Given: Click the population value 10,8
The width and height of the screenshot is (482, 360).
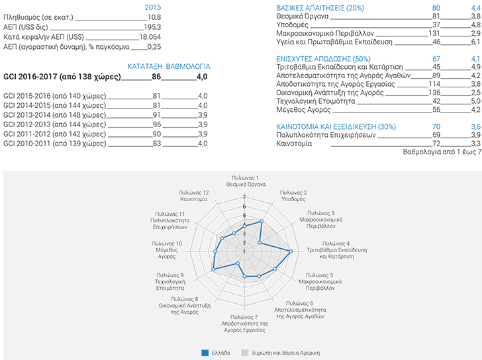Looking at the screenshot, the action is point(154,17).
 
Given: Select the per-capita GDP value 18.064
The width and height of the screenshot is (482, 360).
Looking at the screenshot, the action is point(150,37).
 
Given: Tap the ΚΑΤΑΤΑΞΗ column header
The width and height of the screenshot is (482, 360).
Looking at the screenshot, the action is point(145,66).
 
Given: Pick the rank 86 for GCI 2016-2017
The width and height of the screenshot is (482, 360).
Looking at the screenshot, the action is point(156,77).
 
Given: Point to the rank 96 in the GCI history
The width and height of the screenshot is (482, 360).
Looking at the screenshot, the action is point(157,124).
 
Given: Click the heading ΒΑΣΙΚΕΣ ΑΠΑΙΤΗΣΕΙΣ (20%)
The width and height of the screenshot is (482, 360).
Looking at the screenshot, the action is point(320,8).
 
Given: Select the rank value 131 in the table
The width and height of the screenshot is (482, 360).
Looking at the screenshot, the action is point(434,33).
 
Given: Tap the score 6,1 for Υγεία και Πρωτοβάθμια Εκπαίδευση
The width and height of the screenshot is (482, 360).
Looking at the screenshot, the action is point(475,42).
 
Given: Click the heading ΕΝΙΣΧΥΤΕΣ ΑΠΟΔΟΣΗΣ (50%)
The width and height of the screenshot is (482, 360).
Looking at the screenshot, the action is point(323,59).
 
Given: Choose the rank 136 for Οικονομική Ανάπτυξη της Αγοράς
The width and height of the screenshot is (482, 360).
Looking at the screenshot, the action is point(434,93).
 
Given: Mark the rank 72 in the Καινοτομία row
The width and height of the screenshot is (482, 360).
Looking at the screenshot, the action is point(436,144).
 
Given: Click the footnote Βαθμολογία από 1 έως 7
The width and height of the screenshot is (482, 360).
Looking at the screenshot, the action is point(442,152).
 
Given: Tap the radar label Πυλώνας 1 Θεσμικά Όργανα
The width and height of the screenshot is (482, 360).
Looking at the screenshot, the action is point(246,181).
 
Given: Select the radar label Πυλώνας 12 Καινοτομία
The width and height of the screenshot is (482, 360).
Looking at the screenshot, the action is point(193,196).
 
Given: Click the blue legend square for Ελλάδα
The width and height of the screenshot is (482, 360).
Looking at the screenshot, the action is point(205,353).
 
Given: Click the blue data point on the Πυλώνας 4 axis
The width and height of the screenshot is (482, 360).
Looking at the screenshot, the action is point(291,251).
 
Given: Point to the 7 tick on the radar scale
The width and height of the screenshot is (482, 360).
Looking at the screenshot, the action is point(244,197).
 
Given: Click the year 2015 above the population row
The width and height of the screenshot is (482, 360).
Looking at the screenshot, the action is point(153,7).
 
